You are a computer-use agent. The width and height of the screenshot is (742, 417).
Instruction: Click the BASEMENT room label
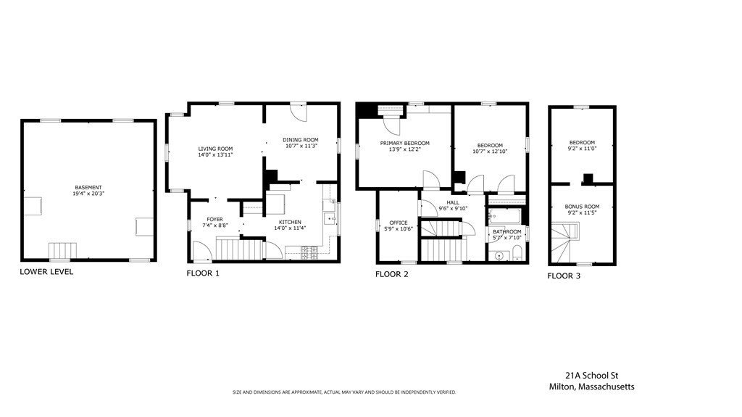click(x=88, y=188)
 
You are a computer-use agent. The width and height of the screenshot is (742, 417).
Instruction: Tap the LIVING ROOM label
click(x=215, y=149)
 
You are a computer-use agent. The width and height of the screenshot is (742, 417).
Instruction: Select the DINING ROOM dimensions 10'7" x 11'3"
click(x=301, y=146)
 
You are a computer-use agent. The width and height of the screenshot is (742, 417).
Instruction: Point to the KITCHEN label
click(x=290, y=222)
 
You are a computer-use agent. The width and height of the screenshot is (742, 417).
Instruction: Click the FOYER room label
click(x=214, y=220)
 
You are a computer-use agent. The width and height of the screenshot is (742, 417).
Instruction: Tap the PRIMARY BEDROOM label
click(x=404, y=143)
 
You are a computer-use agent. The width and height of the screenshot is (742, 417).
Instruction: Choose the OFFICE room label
click(x=399, y=223)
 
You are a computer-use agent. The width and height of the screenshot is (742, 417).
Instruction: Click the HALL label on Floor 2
click(x=453, y=202)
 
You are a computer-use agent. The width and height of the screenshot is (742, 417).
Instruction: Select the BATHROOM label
click(x=507, y=232)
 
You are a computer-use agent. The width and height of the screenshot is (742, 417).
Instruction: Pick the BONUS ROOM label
click(x=582, y=207)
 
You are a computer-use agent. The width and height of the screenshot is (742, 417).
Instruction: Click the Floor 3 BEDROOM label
click(x=582, y=143)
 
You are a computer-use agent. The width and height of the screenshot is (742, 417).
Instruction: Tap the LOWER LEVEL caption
click(x=46, y=272)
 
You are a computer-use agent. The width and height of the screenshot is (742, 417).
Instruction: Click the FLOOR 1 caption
click(x=203, y=273)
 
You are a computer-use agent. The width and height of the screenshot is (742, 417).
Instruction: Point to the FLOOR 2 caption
click(x=392, y=274)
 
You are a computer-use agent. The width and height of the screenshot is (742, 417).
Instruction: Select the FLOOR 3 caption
click(x=564, y=276)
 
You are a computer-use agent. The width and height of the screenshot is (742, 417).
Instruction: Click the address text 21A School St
click(x=591, y=376)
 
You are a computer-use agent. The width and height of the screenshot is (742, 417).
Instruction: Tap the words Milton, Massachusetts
click(x=591, y=387)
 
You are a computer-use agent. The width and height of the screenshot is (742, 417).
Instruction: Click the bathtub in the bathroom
click(x=504, y=217)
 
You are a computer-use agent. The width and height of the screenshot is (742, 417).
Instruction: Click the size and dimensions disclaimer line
click(x=344, y=392)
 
